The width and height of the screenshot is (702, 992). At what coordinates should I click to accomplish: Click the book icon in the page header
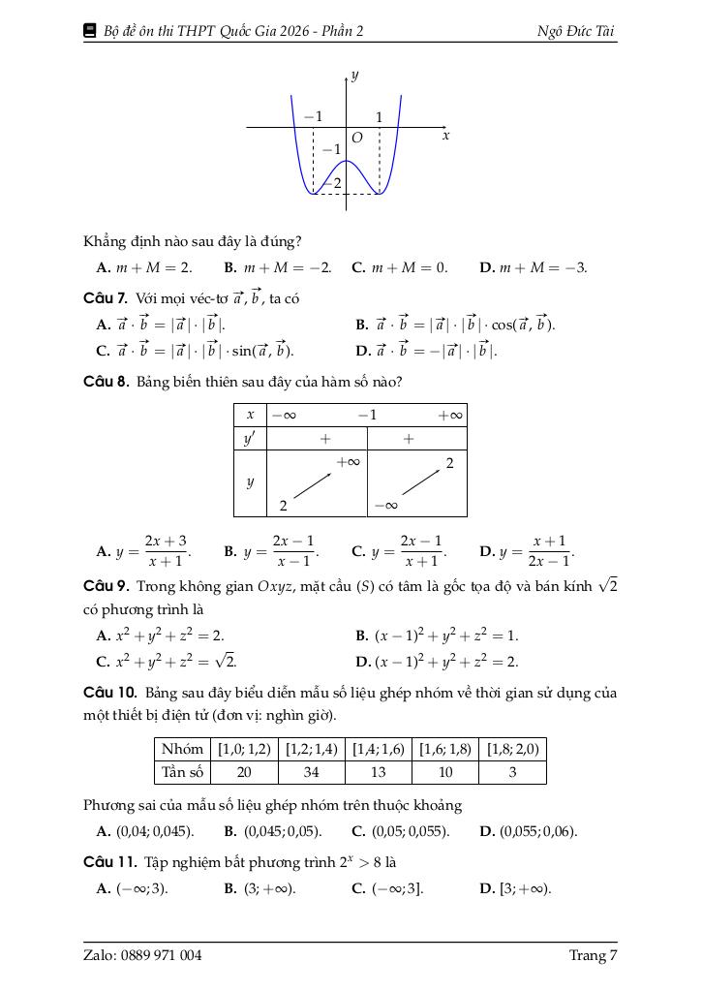coord(91,31)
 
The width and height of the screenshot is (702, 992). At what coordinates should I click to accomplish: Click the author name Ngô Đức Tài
coord(576,31)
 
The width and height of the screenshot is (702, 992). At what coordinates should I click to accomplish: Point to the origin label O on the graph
coord(356,139)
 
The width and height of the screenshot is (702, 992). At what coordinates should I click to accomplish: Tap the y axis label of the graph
coord(356,75)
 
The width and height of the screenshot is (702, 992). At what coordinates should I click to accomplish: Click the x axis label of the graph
coord(445,137)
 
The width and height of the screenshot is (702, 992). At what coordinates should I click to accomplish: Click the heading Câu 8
coord(106,382)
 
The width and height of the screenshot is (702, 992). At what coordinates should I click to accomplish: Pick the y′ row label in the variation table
coord(250,439)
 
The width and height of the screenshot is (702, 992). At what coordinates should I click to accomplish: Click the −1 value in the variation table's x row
coord(367,415)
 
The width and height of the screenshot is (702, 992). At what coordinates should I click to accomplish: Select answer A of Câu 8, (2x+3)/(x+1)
coord(143,551)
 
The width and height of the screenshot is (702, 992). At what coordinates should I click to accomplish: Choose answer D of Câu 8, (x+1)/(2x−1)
coord(527,551)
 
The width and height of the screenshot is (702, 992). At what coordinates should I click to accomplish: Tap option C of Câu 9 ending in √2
coord(167,662)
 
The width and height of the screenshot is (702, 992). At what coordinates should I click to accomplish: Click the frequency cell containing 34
coord(311,772)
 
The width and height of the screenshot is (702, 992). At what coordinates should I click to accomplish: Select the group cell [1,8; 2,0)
coord(512,749)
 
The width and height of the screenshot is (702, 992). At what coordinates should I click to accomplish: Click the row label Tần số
coord(182,772)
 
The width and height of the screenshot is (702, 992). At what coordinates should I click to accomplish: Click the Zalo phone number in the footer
coord(142,956)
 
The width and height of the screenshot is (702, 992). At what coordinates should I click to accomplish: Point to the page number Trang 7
coord(593,956)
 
